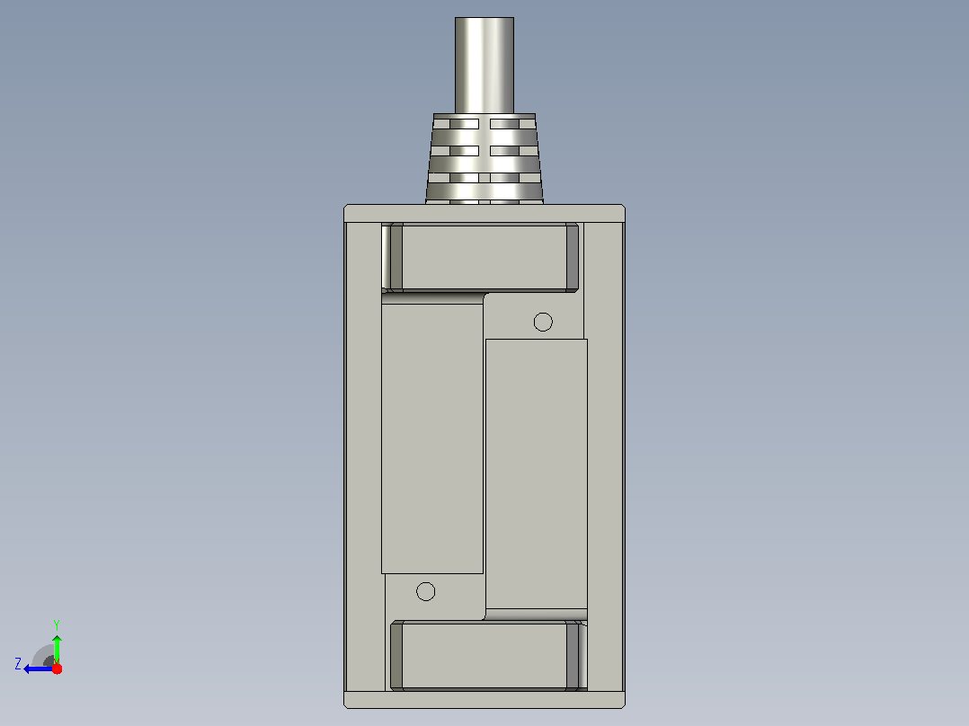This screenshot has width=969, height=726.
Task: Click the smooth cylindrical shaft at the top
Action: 484,66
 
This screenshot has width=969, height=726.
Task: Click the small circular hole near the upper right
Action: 543,322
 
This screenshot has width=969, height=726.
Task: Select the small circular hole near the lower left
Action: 425,591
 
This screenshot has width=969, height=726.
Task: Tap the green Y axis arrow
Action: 57,649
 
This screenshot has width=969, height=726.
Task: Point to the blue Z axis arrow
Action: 40,668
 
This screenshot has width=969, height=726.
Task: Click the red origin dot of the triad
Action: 57,668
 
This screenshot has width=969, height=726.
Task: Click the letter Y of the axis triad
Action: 57,624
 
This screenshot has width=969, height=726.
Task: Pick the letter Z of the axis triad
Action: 18,664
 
